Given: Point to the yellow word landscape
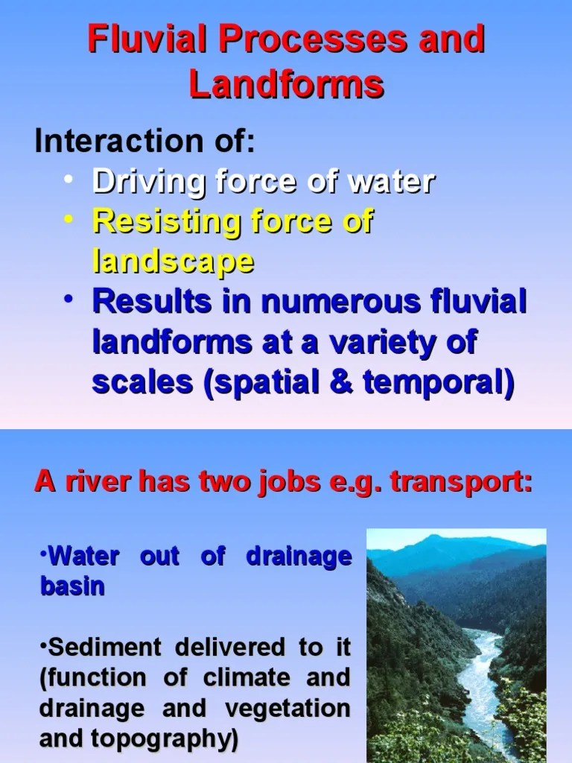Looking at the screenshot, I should point(173,262).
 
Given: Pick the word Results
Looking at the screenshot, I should point(147,303).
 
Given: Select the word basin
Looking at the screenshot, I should point(71,586).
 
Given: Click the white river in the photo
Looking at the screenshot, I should point(477,671).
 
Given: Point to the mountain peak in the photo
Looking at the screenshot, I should point(439,540).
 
